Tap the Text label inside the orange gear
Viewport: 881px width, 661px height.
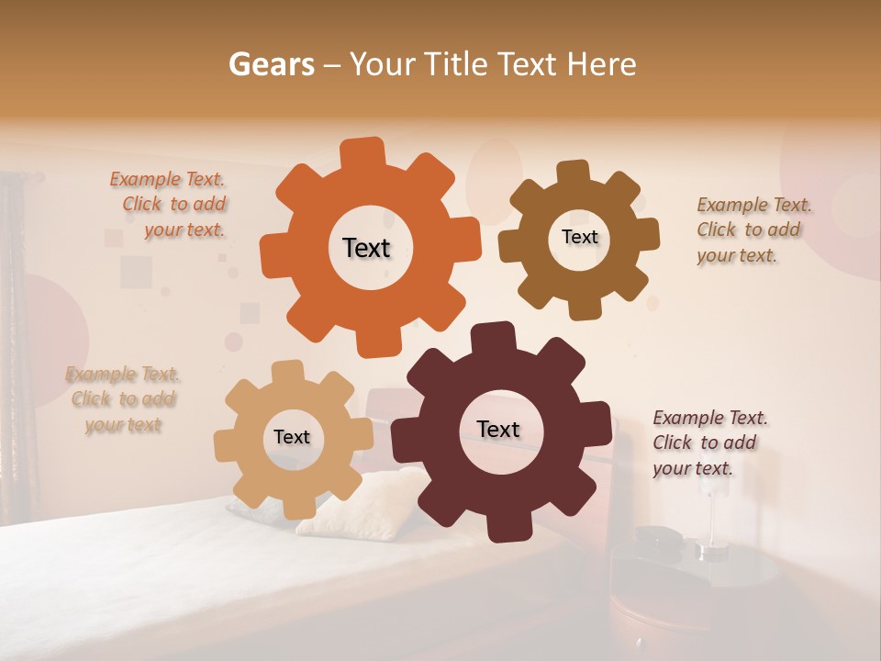pyautogui.click(x=367, y=248)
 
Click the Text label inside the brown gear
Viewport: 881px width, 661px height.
pyautogui.click(x=579, y=237)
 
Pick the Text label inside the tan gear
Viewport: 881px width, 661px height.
pyautogui.click(x=292, y=438)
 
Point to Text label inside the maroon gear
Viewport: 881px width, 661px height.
pyautogui.click(x=498, y=430)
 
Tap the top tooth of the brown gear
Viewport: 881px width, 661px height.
pyautogui.click(x=573, y=173)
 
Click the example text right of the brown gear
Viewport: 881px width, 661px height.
pyautogui.click(x=753, y=230)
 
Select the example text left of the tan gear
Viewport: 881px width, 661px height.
pyautogui.click(x=123, y=399)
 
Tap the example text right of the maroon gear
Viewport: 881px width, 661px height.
pyautogui.click(x=708, y=443)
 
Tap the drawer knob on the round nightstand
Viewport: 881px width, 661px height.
pyautogui.click(x=637, y=639)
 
